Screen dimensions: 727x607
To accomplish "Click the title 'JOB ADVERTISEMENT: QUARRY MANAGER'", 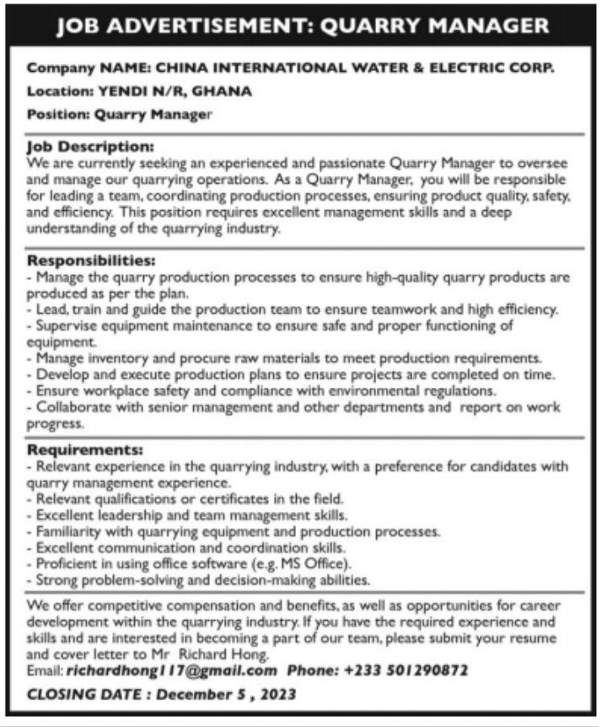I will (x=303, y=27).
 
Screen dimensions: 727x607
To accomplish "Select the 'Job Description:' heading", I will (x=90, y=145).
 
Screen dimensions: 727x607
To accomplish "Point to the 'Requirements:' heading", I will (x=85, y=450).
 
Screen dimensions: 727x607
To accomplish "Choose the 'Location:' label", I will (x=60, y=91).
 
